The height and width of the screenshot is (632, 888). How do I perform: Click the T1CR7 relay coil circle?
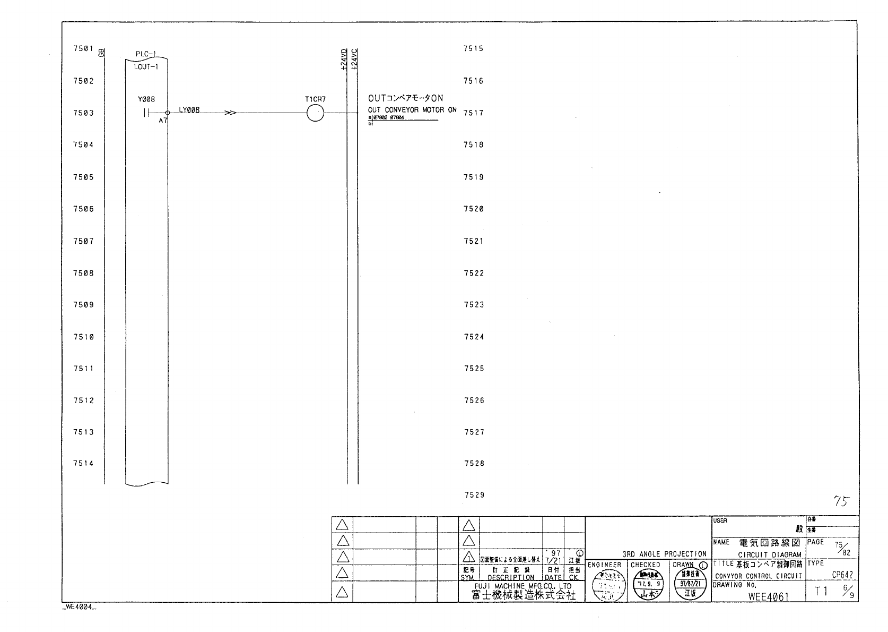[x=315, y=113]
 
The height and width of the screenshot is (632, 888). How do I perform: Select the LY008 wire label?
[x=189, y=110]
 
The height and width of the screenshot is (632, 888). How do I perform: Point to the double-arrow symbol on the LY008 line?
[x=231, y=113]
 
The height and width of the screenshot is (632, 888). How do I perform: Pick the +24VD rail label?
[x=344, y=59]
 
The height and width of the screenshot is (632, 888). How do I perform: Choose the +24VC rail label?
[x=355, y=59]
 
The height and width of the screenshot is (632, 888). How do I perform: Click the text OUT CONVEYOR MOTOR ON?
[x=412, y=110]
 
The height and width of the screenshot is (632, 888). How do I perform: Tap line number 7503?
[x=83, y=113]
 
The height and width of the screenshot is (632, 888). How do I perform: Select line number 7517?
[x=473, y=113]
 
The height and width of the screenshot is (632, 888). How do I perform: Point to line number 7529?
[x=474, y=495]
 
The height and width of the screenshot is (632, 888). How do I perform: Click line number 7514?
[x=83, y=464]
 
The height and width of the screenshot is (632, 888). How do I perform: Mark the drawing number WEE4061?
[x=768, y=596]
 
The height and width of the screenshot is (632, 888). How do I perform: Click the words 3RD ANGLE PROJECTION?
[x=664, y=554]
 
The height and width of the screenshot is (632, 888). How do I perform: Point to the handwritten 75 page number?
[x=841, y=501]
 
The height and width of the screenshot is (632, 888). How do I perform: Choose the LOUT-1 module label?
[x=146, y=67]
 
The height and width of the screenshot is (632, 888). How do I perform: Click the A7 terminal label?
[x=162, y=121]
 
